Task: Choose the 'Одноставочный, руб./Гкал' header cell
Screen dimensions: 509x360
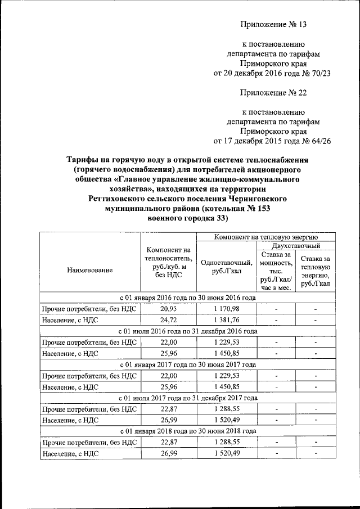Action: pyautogui.click(x=226, y=267)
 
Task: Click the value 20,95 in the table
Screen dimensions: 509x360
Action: pyautogui.click(x=169, y=309)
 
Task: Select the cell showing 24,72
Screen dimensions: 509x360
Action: pyautogui.click(x=169, y=321)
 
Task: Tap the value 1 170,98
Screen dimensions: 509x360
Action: pyautogui.click(x=227, y=309)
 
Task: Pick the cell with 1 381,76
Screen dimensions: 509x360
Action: pyautogui.click(x=227, y=321)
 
